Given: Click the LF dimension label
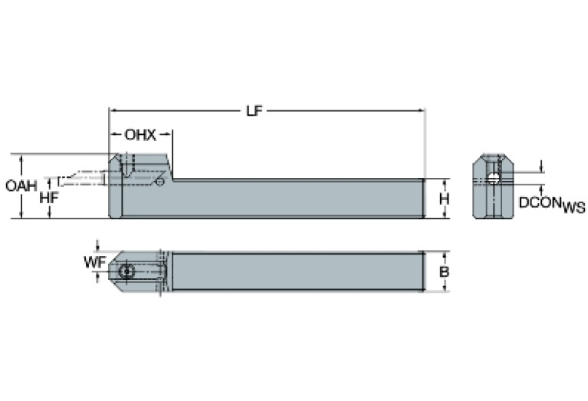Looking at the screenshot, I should (254, 110).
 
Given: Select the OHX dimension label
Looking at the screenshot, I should (140, 135).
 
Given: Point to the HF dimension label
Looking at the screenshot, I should (49, 197).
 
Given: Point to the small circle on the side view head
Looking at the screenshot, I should (160, 182).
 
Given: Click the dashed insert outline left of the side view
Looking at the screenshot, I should (80, 179).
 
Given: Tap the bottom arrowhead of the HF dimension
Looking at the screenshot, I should (49, 215).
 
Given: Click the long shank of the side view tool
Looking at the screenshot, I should (299, 199).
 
